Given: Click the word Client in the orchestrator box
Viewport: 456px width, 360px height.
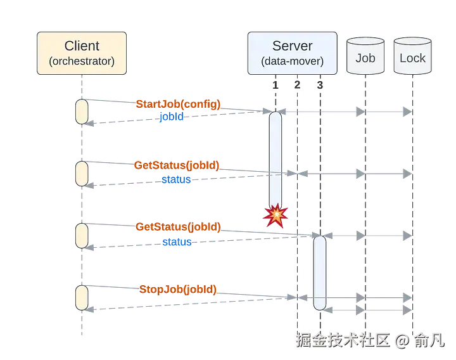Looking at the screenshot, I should click(x=82, y=46).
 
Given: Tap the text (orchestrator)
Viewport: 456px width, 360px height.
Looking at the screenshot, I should click(x=82, y=61).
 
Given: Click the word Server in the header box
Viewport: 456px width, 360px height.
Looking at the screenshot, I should click(x=292, y=46).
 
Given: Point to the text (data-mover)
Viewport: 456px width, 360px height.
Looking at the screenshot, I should click(x=292, y=61).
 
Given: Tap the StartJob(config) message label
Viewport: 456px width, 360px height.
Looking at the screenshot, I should click(x=178, y=104).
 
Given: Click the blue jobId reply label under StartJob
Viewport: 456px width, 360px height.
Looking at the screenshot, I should click(x=172, y=117).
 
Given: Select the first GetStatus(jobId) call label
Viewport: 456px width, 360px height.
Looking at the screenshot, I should click(x=177, y=165).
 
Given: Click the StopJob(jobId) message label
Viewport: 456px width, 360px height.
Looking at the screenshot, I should click(x=178, y=290).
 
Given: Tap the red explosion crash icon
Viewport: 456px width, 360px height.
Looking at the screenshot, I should click(x=275, y=216).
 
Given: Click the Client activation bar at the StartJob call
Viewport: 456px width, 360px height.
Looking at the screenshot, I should click(x=82, y=111).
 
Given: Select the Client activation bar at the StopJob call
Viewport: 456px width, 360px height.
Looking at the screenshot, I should click(x=82, y=296).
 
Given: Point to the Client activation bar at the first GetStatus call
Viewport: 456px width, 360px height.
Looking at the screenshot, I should click(x=82, y=173).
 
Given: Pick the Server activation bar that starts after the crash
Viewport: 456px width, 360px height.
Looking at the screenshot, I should click(x=320, y=273).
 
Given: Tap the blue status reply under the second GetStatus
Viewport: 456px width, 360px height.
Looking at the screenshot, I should click(x=176, y=241).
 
